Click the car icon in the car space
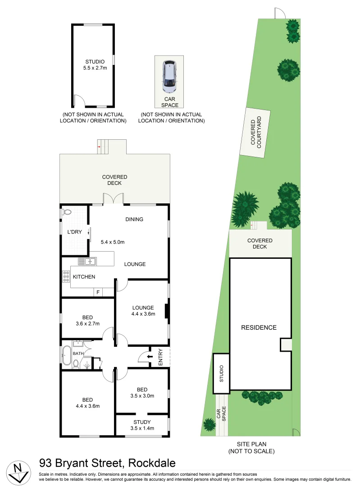pos(169,74)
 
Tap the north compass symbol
pos(19,473)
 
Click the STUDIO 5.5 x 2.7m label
pos(94,65)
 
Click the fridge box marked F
pos(97,292)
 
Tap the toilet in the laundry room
pos(68,211)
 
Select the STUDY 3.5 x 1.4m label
pos(142,425)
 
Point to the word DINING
pos(134,220)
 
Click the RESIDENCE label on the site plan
pos(258,327)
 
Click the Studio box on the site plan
pos(221,373)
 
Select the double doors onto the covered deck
pos(113,199)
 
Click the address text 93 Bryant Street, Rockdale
pos(107,463)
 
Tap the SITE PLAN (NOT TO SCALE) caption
pos(251,448)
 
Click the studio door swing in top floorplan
pos(79,100)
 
